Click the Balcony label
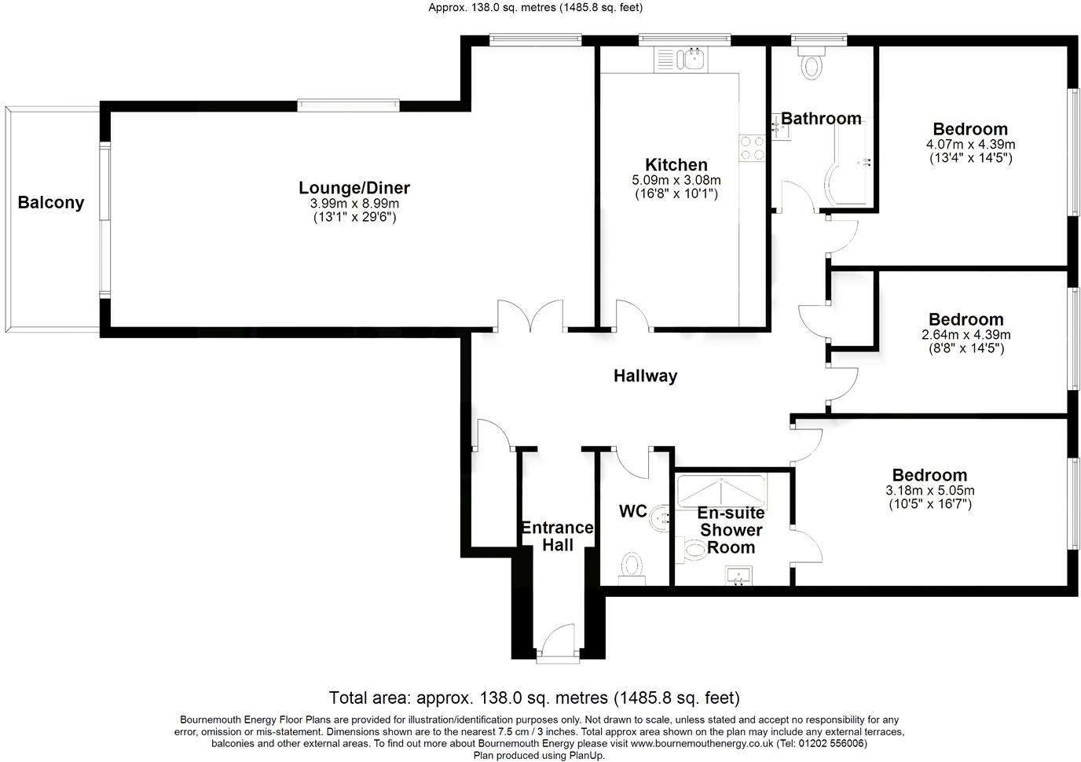50,203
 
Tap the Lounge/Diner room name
354,188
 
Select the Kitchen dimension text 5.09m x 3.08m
676,180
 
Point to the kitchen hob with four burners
752,148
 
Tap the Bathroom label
821,119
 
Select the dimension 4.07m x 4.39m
970,145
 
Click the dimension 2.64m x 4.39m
966,335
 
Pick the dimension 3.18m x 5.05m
929,491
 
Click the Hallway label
645,376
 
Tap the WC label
632,512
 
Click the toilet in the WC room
632,565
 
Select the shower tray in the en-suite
720,489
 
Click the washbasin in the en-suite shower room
739,576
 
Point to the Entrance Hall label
557,536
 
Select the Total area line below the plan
534,698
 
